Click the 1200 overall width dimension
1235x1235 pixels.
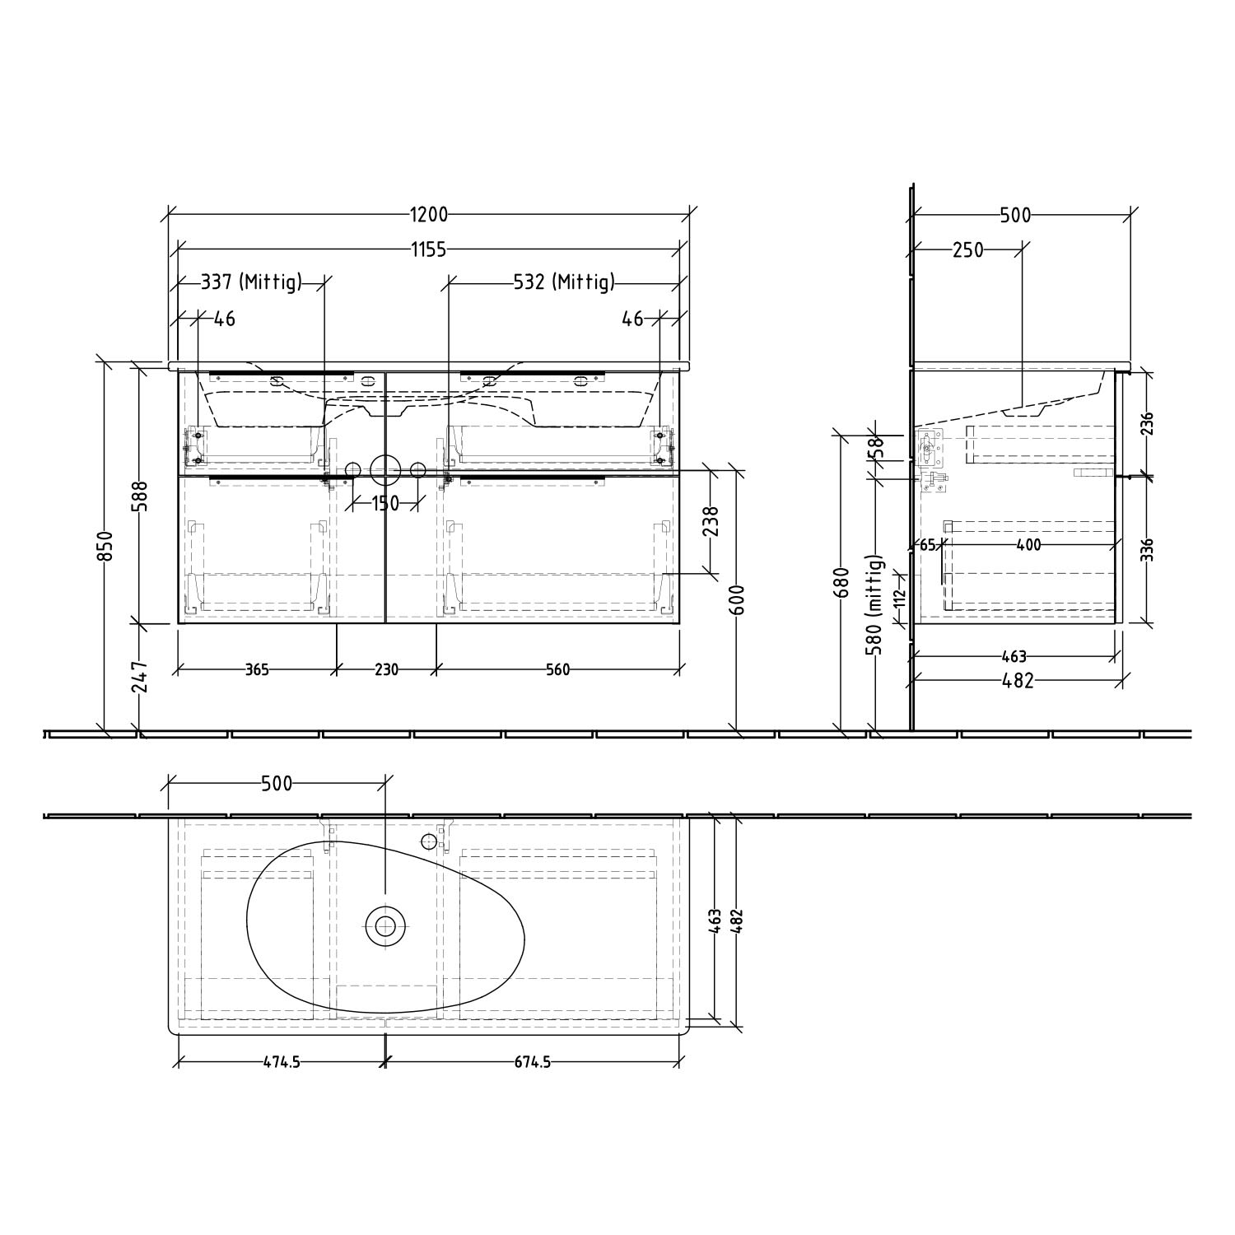click(429, 215)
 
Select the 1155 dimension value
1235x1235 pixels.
click(429, 249)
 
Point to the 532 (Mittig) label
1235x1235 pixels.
click(564, 282)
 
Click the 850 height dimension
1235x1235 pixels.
click(105, 547)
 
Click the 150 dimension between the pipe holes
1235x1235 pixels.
click(384, 503)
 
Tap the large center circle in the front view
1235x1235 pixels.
click(384, 469)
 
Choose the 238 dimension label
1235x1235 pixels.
click(711, 522)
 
